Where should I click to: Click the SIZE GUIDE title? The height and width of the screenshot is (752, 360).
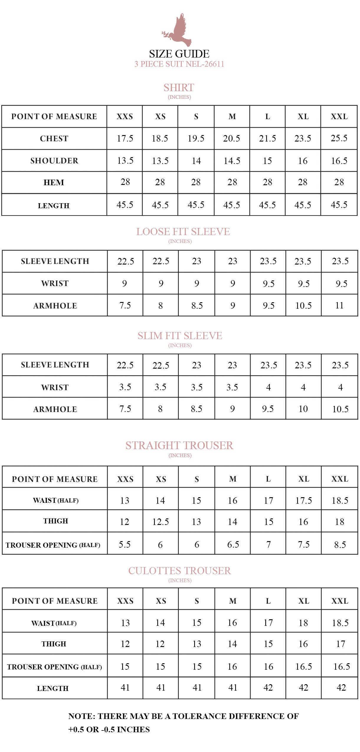179,54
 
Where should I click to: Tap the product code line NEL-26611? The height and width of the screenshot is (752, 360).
179,64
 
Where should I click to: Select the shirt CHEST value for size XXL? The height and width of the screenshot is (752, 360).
339,138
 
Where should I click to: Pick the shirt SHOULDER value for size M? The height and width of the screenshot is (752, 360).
232,161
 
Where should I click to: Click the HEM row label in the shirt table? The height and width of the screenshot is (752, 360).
54,183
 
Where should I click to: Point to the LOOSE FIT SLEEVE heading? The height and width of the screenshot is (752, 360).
183,232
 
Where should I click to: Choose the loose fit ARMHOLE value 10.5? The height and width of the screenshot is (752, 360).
303,306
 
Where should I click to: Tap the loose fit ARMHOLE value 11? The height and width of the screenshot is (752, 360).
339,306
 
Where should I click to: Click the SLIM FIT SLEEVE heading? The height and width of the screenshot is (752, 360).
180,336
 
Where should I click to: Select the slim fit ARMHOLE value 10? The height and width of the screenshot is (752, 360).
303,409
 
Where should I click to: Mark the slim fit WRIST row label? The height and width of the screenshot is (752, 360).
55,388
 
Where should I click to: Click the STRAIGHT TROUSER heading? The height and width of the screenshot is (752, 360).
179,446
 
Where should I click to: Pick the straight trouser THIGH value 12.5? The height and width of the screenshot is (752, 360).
161,522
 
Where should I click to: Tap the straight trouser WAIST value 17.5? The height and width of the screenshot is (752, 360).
303,500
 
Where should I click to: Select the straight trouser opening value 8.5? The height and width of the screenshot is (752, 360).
340,545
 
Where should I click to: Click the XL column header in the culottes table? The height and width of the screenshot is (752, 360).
303,601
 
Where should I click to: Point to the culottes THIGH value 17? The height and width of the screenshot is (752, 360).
340,644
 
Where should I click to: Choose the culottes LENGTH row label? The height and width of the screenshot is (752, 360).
53,689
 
